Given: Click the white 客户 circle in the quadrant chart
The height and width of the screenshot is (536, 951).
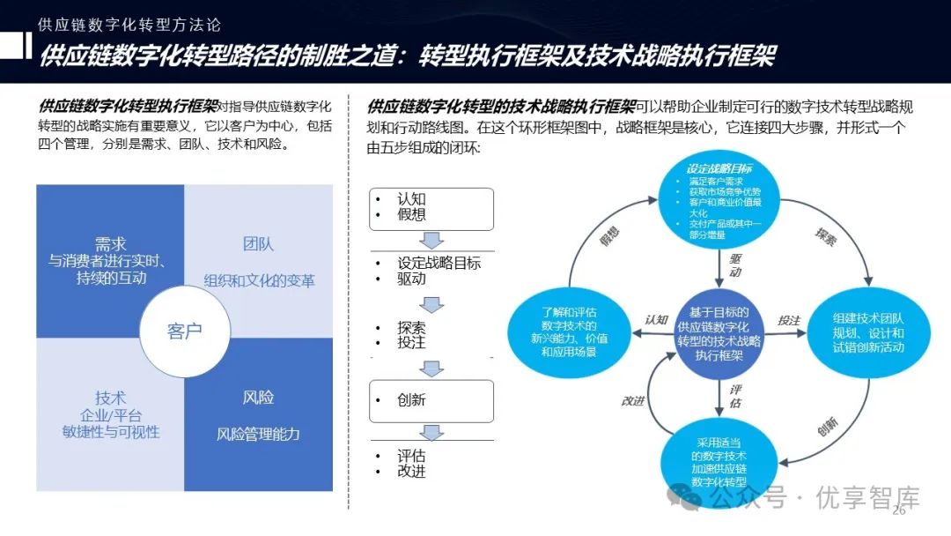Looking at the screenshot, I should pyautogui.click(x=184, y=331).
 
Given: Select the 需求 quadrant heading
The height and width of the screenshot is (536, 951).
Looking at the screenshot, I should pyautogui.click(x=110, y=243).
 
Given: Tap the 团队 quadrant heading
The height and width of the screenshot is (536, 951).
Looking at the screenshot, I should pyautogui.click(x=259, y=243).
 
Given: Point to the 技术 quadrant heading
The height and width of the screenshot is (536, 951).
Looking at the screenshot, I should pyautogui.click(x=110, y=398).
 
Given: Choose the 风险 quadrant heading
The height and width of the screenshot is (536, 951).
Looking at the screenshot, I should pyautogui.click(x=258, y=398).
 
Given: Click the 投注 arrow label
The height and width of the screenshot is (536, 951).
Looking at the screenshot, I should pyautogui.click(x=788, y=320).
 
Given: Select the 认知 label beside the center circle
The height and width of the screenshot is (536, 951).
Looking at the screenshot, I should pyautogui.click(x=657, y=320).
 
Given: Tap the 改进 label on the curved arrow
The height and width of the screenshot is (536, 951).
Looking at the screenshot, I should pyautogui.click(x=632, y=400).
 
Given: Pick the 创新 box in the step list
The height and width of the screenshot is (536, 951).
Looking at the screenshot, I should pyautogui.click(x=431, y=400).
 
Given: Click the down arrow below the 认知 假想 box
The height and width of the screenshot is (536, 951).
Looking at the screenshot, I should pyautogui.click(x=431, y=241).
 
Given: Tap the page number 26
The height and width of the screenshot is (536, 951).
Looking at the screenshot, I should pyautogui.click(x=899, y=512).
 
